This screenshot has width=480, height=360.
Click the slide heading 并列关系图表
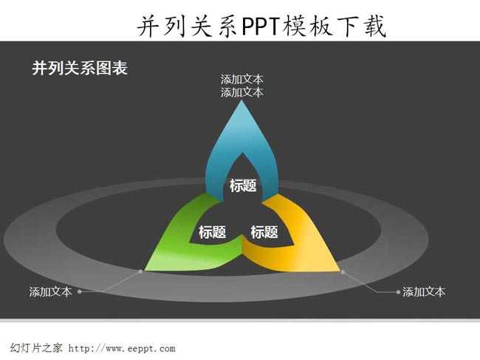[80, 68]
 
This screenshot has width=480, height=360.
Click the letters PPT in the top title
[261, 27]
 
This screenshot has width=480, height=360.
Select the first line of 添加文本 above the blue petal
[241, 80]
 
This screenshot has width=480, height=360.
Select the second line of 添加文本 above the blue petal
[241, 92]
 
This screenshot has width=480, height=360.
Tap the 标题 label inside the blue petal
[243, 186]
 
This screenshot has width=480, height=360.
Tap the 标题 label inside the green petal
[213, 232]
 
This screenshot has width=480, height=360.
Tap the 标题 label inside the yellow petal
[264, 232]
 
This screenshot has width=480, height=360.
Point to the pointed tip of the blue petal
[241, 101]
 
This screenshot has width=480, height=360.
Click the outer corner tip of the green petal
[145, 270]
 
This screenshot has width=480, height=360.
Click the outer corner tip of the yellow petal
[340, 271]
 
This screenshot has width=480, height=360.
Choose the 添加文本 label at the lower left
[50, 292]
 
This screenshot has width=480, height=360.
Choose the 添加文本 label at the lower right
[424, 292]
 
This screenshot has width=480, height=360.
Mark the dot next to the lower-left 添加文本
[80, 292]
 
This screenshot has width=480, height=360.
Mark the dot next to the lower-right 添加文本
[398, 292]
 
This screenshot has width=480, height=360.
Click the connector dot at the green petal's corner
[140, 271]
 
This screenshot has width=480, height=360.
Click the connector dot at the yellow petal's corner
[343, 272]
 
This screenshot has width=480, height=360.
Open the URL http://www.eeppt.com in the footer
[122, 348]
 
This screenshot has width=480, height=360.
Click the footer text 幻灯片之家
[36, 348]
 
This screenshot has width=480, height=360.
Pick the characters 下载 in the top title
[361, 27]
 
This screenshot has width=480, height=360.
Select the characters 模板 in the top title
[307, 27]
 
